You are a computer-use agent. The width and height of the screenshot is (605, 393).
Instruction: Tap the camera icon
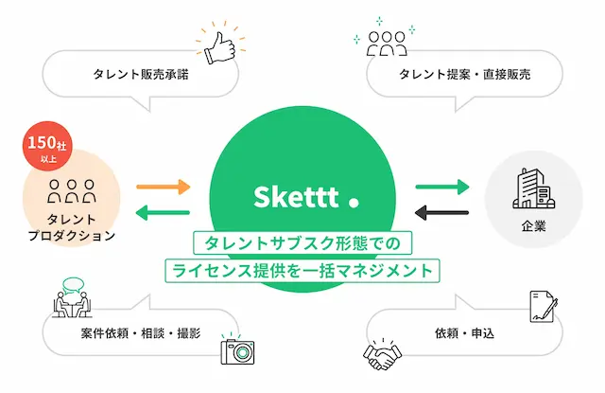coord(237,348)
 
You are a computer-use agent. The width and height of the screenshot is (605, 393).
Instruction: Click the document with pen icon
coord(544,307)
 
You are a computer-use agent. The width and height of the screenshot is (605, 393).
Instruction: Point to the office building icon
coord(533,188)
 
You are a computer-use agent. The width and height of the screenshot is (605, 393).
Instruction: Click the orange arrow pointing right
coord(164,188)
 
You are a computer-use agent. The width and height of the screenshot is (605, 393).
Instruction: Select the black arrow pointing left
coord(441,212)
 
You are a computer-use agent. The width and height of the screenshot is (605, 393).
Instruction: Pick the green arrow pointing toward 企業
coord(442,188)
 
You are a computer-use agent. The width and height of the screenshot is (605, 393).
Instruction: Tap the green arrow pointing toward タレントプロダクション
coord(163,212)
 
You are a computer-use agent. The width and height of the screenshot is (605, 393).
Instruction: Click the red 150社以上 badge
coord(47,146)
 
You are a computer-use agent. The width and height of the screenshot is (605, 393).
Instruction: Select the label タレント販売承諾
coord(141,74)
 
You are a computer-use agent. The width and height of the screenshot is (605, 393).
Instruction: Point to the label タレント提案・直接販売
coord(464,74)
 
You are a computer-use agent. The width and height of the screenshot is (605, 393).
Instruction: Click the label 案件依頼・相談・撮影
coord(141,333)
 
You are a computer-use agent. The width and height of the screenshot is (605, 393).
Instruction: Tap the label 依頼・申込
coord(464,333)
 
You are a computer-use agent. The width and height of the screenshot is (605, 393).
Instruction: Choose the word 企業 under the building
coord(534,226)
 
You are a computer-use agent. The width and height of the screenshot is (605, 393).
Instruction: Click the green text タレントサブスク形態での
coord(302,243)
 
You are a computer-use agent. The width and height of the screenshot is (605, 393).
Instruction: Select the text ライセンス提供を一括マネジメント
coord(302,270)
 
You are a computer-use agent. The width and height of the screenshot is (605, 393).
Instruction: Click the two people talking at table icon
coord(72,297)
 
